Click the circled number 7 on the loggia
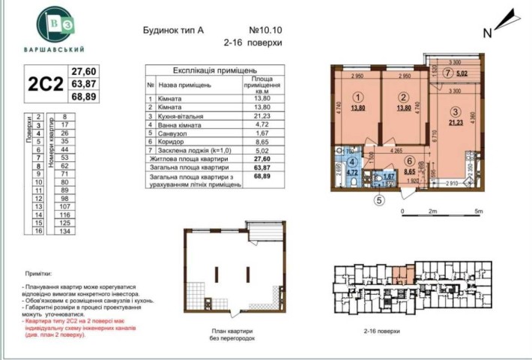point(447,73)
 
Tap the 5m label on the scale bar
point(477,211)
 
